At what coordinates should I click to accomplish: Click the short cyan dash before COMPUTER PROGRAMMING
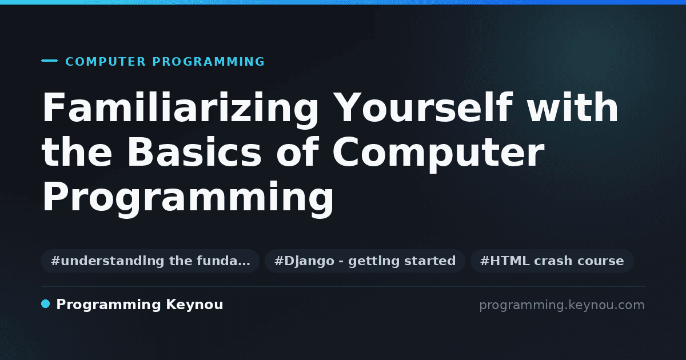pos(49,61)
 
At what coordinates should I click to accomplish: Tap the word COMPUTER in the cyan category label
pos(105,62)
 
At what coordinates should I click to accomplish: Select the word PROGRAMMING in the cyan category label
pos(208,62)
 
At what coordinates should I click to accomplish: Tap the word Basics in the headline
pos(194,152)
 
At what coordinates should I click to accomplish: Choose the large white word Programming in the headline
pos(188,199)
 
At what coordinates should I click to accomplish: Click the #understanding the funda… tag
pos(150,261)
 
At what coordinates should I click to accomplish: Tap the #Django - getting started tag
pos(365,261)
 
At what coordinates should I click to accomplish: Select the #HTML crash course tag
pos(552,261)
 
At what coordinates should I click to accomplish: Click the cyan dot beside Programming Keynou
pos(45,304)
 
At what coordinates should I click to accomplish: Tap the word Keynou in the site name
pos(194,305)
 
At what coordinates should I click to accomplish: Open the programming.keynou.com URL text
pos(562,305)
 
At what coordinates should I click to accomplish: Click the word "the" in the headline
pos(77,152)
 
